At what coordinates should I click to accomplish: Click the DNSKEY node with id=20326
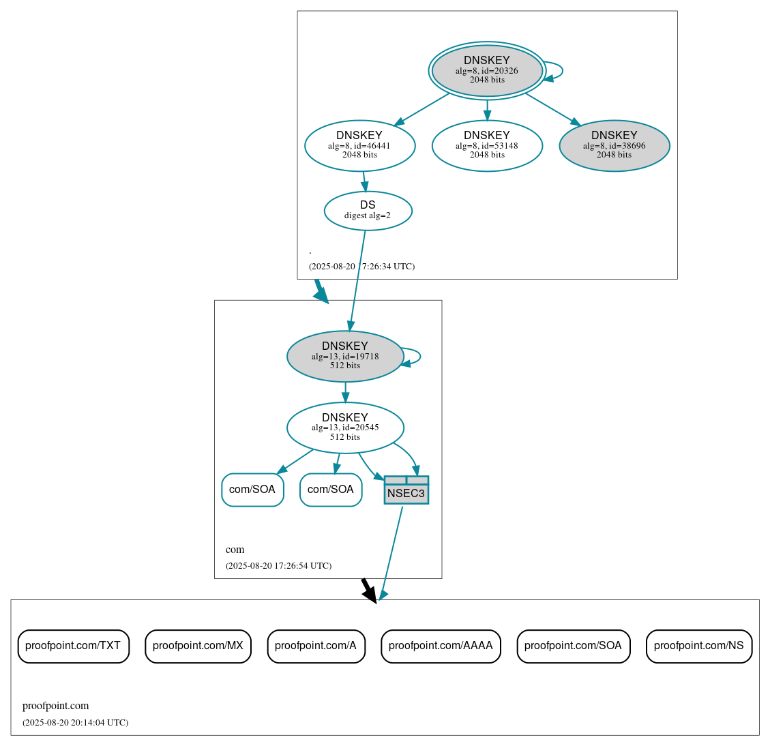(x=487, y=70)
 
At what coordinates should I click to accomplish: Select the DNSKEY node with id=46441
(x=359, y=145)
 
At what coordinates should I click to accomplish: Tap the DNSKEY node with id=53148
(x=487, y=145)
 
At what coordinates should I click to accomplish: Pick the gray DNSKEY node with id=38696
(x=614, y=145)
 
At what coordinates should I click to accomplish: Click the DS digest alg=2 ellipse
(x=368, y=211)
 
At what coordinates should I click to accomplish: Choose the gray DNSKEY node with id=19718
(x=345, y=356)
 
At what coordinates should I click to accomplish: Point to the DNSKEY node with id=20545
(x=345, y=428)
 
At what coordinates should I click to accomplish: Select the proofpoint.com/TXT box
(x=73, y=646)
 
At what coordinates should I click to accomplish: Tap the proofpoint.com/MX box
(x=198, y=646)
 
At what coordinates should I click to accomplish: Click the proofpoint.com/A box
(x=316, y=646)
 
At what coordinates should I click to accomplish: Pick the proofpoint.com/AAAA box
(x=441, y=646)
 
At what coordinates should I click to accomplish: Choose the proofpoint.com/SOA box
(x=573, y=646)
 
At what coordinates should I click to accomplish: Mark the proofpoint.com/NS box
(x=699, y=646)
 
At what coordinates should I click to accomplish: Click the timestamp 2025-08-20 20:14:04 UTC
(x=75, y=722)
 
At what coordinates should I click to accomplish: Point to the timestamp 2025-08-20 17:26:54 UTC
(x=278, y=566)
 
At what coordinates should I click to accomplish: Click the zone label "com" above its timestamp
(x=235, y=550)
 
